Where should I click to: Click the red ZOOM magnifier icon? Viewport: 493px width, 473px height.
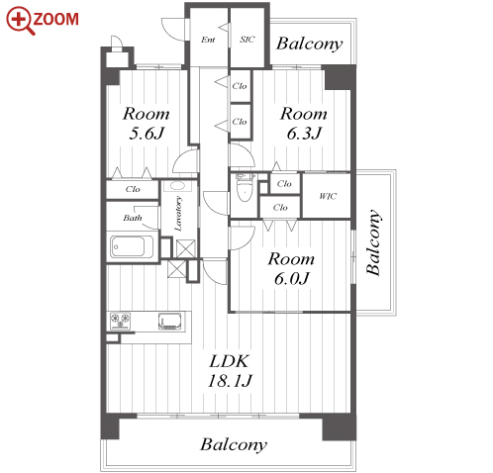pos(21,20)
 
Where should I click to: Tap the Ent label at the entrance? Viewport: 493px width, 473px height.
pos(208,40)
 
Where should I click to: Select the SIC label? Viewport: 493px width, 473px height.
pos(247,40)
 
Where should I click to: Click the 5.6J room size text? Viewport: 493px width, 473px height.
pos(147,134)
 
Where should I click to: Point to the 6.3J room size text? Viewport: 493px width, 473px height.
pos(304,134)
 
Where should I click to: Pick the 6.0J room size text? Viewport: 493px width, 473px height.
pos(292,279)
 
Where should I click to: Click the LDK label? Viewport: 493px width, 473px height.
pos(230,361)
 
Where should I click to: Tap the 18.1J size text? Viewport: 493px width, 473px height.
pos(230,381)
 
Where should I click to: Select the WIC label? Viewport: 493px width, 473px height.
pos(328,197)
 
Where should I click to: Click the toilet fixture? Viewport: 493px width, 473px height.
pos(245,188)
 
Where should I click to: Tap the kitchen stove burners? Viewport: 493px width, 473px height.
pos(120,321)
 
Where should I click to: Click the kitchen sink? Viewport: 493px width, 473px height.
pos(170,322)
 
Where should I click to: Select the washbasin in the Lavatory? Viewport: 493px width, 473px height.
pos(178,186)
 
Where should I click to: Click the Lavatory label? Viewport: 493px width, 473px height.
pos(178,214)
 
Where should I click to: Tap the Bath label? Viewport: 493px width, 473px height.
pos(133,218)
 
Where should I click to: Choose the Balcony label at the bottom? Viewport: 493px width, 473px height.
pos(234,445)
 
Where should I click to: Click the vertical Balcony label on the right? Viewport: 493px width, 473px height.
pos(374,242)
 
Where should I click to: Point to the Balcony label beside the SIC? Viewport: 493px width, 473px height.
pos(310,44)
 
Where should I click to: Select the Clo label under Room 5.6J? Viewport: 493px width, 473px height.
pos(133,189)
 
